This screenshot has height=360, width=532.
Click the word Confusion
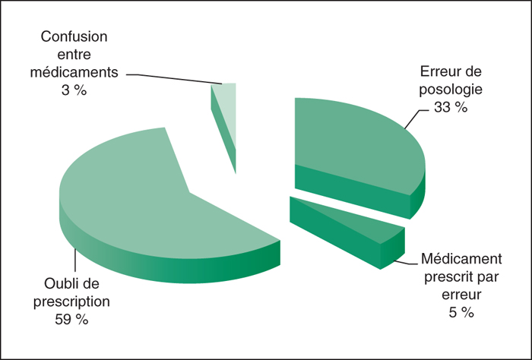74,36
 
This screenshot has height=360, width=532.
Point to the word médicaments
74,72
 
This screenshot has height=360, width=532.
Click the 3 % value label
74,90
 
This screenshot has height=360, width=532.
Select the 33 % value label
451,107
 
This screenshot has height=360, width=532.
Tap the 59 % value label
71,319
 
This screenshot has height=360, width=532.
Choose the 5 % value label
461,312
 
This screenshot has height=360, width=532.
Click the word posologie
451,90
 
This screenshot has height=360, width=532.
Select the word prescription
71,302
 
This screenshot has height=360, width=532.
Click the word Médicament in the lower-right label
461,259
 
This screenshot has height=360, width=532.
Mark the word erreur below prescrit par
461,295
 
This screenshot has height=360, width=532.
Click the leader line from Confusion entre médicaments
174,78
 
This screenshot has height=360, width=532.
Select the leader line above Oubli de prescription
75,260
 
